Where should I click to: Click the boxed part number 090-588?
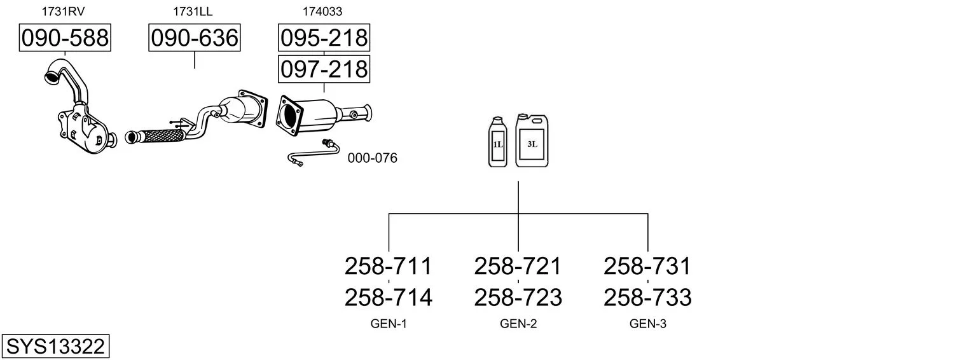[65, 38]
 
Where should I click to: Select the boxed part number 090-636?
[195, 38]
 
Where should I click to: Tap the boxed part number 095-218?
[324, 38]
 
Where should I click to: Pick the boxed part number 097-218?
[324, 69]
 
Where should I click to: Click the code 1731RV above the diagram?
[63, 11]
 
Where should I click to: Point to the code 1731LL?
[193, 11]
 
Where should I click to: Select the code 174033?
[323, 11]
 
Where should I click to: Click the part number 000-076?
[372, 158]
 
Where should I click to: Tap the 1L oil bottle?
[497, 142]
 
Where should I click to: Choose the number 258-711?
[388, 266]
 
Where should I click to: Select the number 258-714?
[388, 297]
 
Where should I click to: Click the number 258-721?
[518, 266]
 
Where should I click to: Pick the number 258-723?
[518, 297]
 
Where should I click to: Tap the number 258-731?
[647, 266]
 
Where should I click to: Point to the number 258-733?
[647, 297]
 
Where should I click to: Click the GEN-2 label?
[518, 324]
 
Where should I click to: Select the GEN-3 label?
[648, 324]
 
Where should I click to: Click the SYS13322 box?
[55, 347]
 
